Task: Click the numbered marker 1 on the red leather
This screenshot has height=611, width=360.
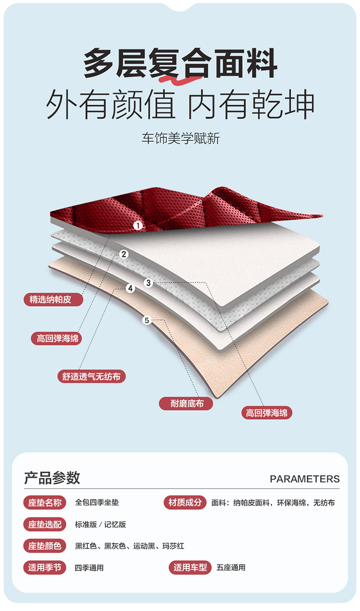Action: point(138,225)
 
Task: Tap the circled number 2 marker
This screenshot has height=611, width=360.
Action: point(124,254)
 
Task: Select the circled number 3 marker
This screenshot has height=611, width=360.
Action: point(148,283)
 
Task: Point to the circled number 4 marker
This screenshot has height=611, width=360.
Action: point(130,288)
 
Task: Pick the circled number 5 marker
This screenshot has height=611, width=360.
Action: point(147,320)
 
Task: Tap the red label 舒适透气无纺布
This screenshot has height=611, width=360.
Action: point(92,377)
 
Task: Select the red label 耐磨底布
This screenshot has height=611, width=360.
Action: point(186,403)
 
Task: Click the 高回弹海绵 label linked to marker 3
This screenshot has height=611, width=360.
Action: point(267,413)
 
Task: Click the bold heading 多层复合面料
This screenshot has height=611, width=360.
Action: point(180,64)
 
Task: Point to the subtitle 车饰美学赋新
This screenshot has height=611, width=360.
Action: point(180,139)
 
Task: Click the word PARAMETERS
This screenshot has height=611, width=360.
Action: point(304,479)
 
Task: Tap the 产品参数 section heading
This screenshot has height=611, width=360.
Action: point(52,478)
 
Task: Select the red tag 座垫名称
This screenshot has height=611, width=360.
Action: point(45,503)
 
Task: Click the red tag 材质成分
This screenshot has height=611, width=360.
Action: point(185,503)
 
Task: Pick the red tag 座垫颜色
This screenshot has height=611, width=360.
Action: point(45,546)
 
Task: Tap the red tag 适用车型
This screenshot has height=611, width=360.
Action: point(190,568)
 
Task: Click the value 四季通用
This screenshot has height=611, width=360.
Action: point(89,568)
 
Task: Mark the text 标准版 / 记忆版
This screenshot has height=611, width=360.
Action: point(100,524)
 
